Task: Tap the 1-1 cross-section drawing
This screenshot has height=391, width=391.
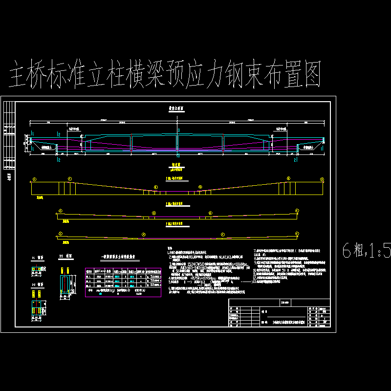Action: [x=36, y=269]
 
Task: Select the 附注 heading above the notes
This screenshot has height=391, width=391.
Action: [x=170, y=248]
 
